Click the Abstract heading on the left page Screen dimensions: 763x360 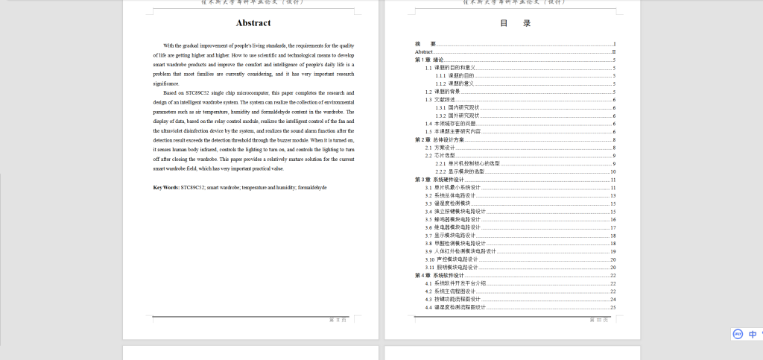pos(253,23)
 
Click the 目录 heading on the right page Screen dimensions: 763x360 pos(515,23)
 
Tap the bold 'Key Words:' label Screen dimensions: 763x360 pos(166,187)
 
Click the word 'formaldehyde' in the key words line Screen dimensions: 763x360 pos(311,187)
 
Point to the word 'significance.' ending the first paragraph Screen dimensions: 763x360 pos(166,83)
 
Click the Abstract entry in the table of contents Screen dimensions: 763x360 pos(423,51)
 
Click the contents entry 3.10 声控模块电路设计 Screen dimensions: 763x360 pos(452,259)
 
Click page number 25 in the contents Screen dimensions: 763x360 pos(612,307)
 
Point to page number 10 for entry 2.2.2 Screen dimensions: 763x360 pos(612,171)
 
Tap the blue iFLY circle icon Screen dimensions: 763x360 pos(738,334)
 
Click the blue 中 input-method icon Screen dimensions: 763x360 pos(753,334)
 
